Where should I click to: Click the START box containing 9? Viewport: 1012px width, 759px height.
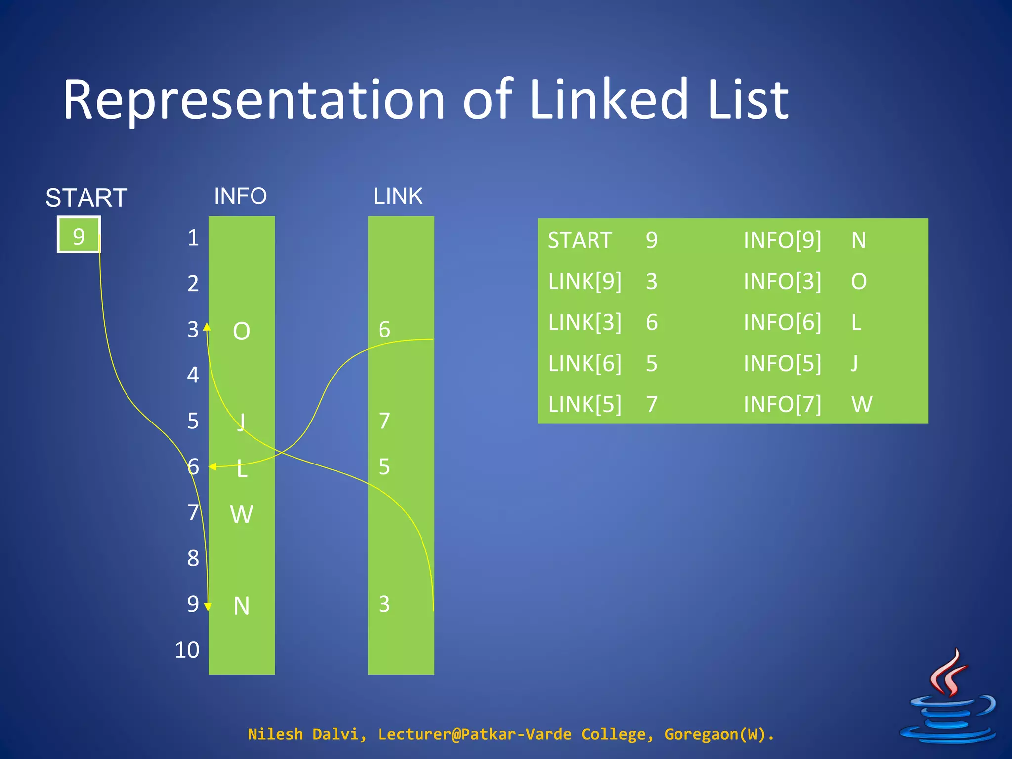tap(79, 235)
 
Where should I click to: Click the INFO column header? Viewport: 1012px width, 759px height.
tap(240, 196)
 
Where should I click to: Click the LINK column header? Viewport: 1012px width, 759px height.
tap(398, 196)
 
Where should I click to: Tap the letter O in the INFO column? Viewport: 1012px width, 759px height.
tap(241, 331)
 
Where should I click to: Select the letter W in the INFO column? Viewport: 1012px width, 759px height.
tap(241, 514)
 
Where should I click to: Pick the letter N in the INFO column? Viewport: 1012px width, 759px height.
tap(241, 606)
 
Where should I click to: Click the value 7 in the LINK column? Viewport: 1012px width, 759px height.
tap(384, 421)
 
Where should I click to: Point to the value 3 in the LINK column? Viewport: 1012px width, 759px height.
tap(384, 604)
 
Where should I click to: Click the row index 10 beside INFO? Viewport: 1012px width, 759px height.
tap(187, 650)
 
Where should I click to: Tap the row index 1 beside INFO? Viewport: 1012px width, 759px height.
tap(193, 238)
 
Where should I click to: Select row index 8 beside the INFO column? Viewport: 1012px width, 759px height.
tap(193, 558)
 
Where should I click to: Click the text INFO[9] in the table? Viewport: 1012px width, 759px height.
tap(782, 240)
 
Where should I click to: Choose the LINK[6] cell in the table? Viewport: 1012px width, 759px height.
tap(585, 363)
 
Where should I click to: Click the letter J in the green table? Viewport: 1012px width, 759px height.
tap(854, 363)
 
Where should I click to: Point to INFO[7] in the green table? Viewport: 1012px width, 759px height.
tap(782, 404)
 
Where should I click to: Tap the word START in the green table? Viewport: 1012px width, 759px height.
tap(580, 240)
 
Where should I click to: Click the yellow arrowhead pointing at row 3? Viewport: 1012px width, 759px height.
tap(207, 326)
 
